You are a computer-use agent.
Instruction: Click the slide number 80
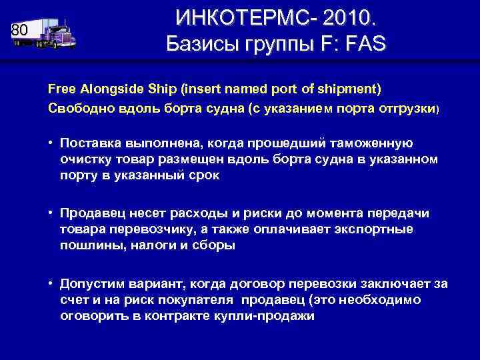coord(19,31)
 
